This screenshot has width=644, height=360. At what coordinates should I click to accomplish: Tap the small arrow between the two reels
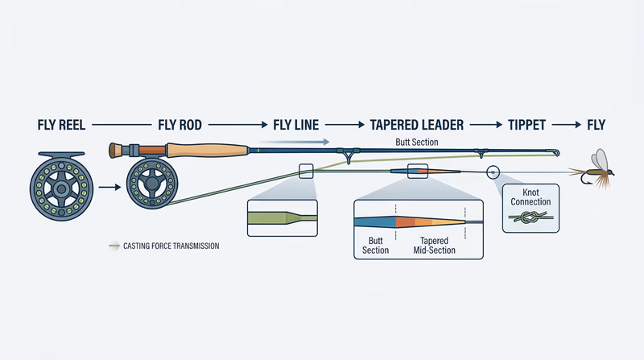point(112,188)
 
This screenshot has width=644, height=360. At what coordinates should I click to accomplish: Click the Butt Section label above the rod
point(417,141)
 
